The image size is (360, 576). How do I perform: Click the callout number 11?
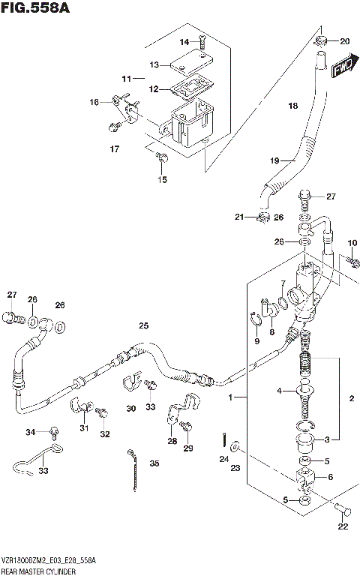click(127, 78)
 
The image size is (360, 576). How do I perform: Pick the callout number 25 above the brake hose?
click(143, 325)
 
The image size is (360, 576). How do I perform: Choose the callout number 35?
click(154, 463)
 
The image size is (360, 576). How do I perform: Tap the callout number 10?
click(352, 242)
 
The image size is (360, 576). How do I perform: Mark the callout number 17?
click(114, 149)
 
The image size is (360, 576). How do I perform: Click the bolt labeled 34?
click(54, 431)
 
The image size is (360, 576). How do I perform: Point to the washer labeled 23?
click(236, 448)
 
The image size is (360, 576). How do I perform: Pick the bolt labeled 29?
click(186, 427)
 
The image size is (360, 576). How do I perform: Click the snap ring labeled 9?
click(256, 322)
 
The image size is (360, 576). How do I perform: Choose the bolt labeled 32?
click(100, 412)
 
